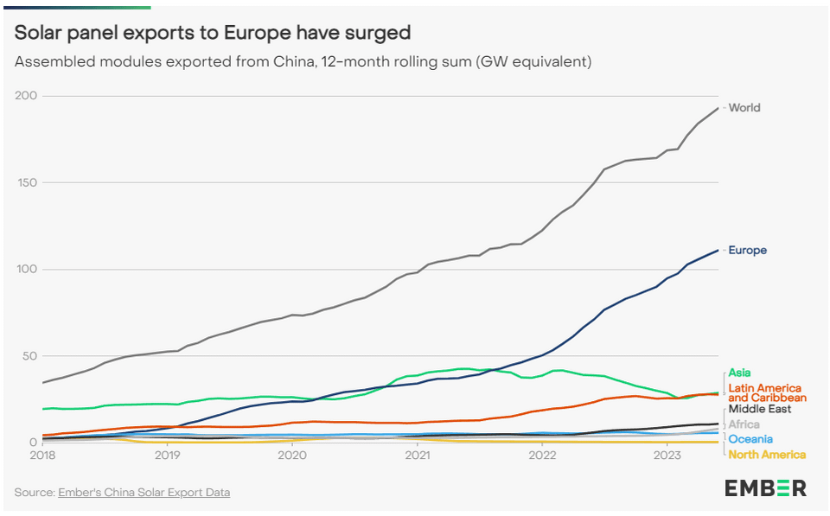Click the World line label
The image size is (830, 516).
click(744, 108)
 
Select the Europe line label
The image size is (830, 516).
click(747, 251)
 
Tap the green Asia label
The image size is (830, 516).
click(738, 373)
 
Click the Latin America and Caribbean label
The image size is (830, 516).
click(765, 392)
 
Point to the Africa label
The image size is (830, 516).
click(744, 424)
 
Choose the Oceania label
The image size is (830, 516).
click(750, 439)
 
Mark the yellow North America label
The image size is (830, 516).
click(767, 455)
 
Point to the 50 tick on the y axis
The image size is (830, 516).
click(30, 356)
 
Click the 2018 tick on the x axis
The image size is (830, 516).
click(42, 455)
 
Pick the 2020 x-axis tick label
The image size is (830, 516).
click(292, 455)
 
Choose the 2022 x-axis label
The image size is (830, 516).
click(542, 455)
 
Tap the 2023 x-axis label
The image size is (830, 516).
click(667, 455)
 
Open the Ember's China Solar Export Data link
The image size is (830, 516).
click(144, 493)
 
